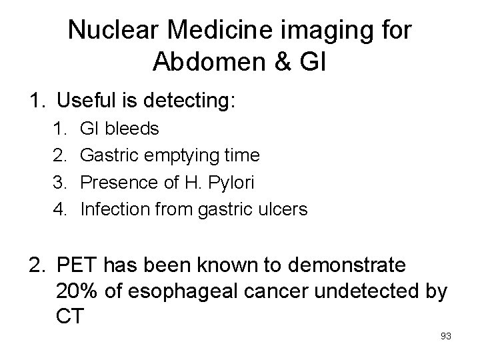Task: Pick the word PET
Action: pyautogui.click(x=77, y=265)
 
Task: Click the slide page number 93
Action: pyautogui.click(x=446, y=336)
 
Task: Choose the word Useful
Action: pyautogui.click(x=87, y=101)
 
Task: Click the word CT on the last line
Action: pyautogui.click(x=70, y=316)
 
